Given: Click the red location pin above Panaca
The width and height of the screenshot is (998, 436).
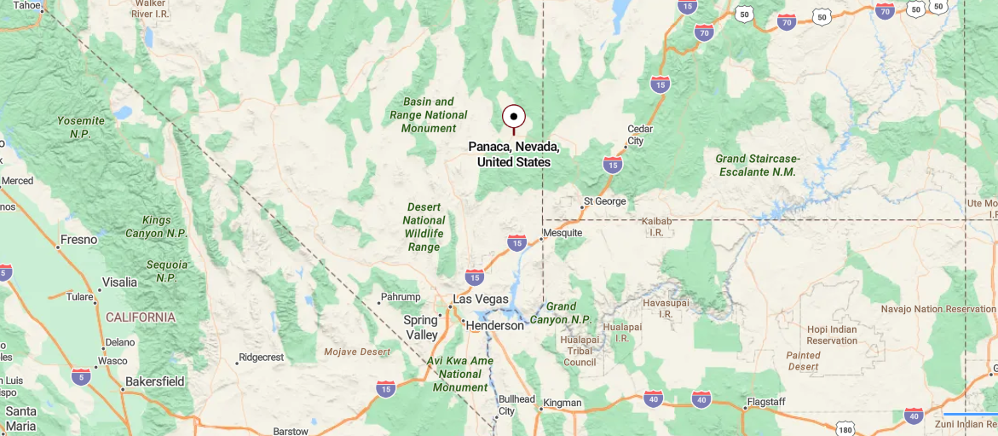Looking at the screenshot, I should (513, 117).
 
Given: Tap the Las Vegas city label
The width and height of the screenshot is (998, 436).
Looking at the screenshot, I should (480, 299).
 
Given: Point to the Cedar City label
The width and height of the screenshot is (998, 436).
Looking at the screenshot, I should (640, 135).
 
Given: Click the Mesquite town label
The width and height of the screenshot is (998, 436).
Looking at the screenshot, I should (562, 233).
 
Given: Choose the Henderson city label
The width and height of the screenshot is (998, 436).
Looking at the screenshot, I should (494, 326).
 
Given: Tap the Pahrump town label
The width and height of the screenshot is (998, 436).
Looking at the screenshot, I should (401, 297).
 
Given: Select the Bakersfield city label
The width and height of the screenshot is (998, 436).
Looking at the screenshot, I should (154, 381).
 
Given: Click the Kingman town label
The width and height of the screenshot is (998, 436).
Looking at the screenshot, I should (562, 403).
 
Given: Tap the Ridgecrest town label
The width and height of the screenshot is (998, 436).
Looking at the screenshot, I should (261, 358).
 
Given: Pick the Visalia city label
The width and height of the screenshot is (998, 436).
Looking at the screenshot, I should (119, 282).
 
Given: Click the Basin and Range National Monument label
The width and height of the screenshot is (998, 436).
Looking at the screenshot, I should (429, 115).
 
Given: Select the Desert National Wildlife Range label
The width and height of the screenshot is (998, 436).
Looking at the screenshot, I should (424, 227).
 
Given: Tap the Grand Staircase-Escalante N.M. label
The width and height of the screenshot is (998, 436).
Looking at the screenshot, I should (757, 166).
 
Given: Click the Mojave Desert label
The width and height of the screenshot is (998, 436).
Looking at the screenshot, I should (357, 352).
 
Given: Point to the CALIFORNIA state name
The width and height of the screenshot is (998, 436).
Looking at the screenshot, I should (141, 317).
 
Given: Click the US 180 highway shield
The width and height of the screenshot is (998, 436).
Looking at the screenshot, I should (845, 427).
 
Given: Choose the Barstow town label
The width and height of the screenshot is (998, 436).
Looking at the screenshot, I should (291, 432).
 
